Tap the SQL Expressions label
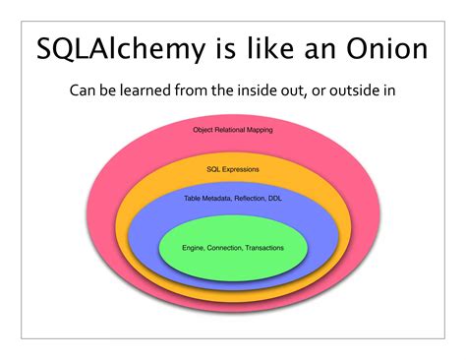click(x=233, y=169)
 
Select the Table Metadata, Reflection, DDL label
click(x=233, y=198)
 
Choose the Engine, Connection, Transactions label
click(x=233, y=247)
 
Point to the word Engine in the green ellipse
click(x=193, y=247)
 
